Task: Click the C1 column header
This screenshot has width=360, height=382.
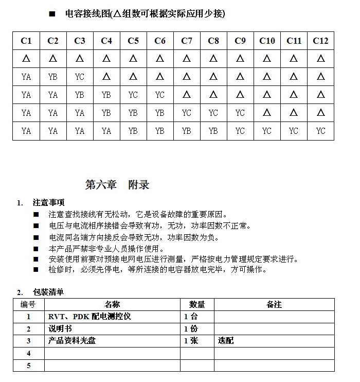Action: [x=26, y=41]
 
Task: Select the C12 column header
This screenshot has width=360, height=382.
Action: [x=320, y=41]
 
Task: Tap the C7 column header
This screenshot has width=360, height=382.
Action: [x=187, y=41]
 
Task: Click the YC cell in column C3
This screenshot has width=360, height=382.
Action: [x=80, y=77]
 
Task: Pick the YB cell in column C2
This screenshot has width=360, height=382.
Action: [x=53, y=77]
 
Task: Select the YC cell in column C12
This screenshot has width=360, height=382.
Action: [x=320, y=131]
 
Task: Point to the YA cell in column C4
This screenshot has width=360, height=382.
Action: [x=106, y=131]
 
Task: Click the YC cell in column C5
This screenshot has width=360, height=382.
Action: [x=133, y=95]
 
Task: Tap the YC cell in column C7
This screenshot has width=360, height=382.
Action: [x=187, y=113]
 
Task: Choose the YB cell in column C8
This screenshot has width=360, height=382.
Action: [x=213, y=131]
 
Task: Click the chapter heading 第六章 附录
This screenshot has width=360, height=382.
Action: [x=117, y=185]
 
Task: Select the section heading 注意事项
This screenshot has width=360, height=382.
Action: [x=48, y=202]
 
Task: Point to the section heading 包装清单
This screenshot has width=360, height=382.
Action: [x=48, y=292]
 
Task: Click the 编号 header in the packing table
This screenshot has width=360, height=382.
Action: [x=28, y=304]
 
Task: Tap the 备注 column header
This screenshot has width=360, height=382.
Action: [x=274, y=304]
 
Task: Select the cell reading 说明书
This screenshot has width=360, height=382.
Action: [x=60, y=328]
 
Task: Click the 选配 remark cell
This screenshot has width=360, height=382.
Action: [x=226, y=341]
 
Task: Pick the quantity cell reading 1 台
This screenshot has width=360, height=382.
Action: [x=191, y=317]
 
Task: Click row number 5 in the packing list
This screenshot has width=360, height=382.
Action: [x=28, y=366]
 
